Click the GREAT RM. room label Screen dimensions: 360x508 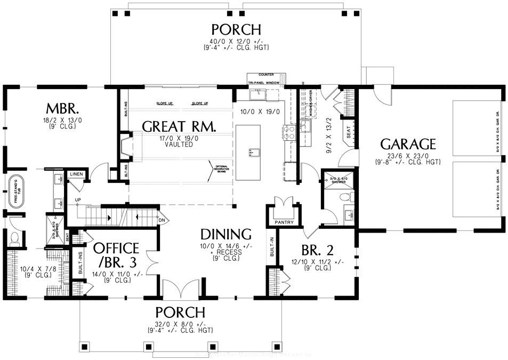pos(179,127)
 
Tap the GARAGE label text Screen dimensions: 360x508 pos(408,144)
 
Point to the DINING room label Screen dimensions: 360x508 pos(225,234)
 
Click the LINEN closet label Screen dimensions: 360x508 pos(75,174)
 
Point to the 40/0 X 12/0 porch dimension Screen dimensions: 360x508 pos(236,41)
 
